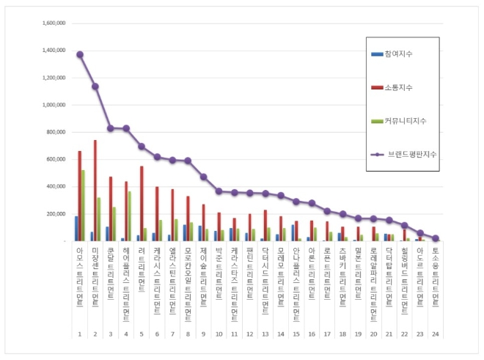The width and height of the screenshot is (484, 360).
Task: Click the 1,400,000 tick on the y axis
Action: click(53, 51)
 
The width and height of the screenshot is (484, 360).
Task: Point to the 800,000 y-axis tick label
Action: click(56, 132)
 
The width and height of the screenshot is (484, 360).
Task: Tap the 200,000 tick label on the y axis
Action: click(56, 213)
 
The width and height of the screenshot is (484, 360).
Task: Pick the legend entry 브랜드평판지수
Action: click(407, 154)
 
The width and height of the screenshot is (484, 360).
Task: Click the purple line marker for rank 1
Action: click(80, 54)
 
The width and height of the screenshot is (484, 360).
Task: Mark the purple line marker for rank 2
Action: click(95, 87)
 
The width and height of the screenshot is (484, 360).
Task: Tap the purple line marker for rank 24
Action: click(436, 238)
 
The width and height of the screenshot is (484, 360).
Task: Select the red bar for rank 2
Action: click(95, 190)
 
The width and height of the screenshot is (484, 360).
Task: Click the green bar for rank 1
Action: click(84, 205)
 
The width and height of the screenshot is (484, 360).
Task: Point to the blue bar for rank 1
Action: click(76, 228)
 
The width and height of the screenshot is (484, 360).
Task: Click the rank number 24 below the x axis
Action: click(436, 334)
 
